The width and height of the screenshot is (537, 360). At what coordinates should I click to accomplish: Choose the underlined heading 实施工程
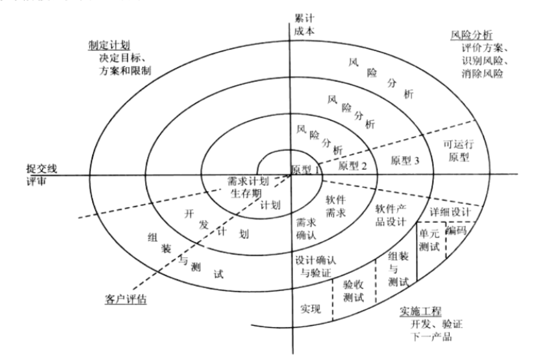coord(420,310)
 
